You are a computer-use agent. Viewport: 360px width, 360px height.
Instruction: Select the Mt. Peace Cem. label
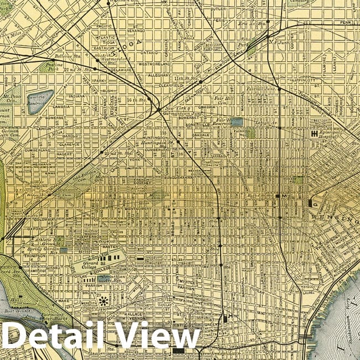tap(12, 99)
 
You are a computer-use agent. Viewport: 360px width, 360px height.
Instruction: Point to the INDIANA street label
tap(78, 96)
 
